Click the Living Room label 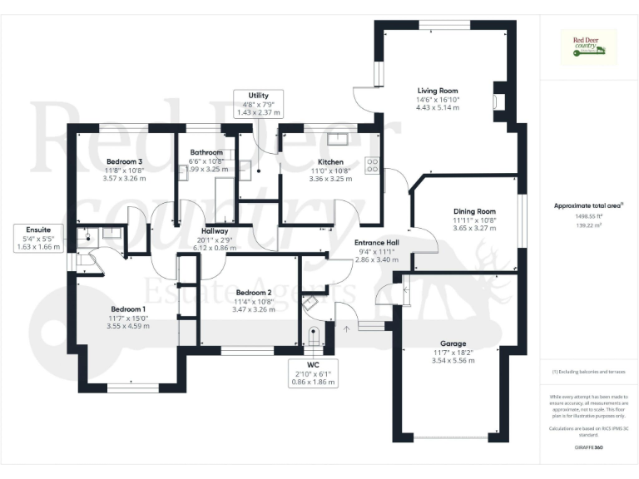coord(437,91)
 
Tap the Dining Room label coord(474,211)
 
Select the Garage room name coord(453,343)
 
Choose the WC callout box coord(314,374)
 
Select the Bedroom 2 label coord(254,292)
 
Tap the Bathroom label coord(206,152)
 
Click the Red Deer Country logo coord(589,47)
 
